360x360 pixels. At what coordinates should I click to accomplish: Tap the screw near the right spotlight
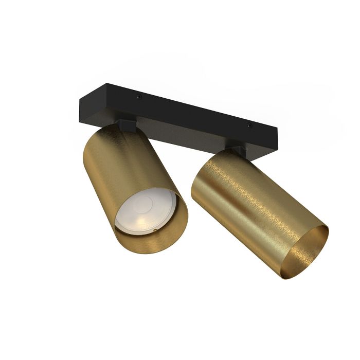click(249, 124)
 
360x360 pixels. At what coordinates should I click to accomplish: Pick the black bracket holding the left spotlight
click(127, 123)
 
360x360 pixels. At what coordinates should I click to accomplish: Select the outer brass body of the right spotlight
click(242, 206)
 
